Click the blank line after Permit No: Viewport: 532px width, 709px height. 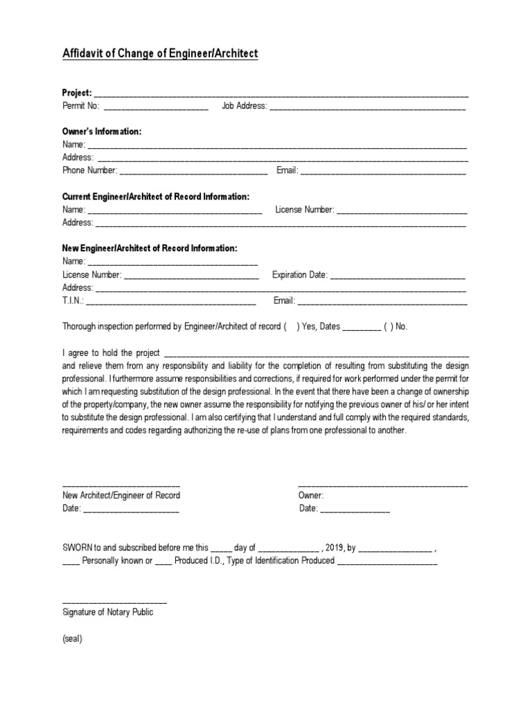pos(156,107)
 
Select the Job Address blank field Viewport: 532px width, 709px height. pos(367,107)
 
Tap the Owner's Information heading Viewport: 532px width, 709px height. pos(102,132)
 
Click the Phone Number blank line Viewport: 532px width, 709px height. pos(193,170)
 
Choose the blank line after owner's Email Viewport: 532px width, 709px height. pos(383,170)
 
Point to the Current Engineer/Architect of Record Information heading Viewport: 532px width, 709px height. pos(156,197)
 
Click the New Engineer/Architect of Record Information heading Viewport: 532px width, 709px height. pos(150,248)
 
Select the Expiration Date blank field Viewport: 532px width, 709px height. pos(398,275)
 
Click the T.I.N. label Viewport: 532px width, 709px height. pos(73,300)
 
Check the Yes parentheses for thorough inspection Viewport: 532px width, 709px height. pos(290,327)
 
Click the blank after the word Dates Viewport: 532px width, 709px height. pos(362,327)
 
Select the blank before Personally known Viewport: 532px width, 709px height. pos(71,561)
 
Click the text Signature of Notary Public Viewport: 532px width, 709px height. pos(108,613)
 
